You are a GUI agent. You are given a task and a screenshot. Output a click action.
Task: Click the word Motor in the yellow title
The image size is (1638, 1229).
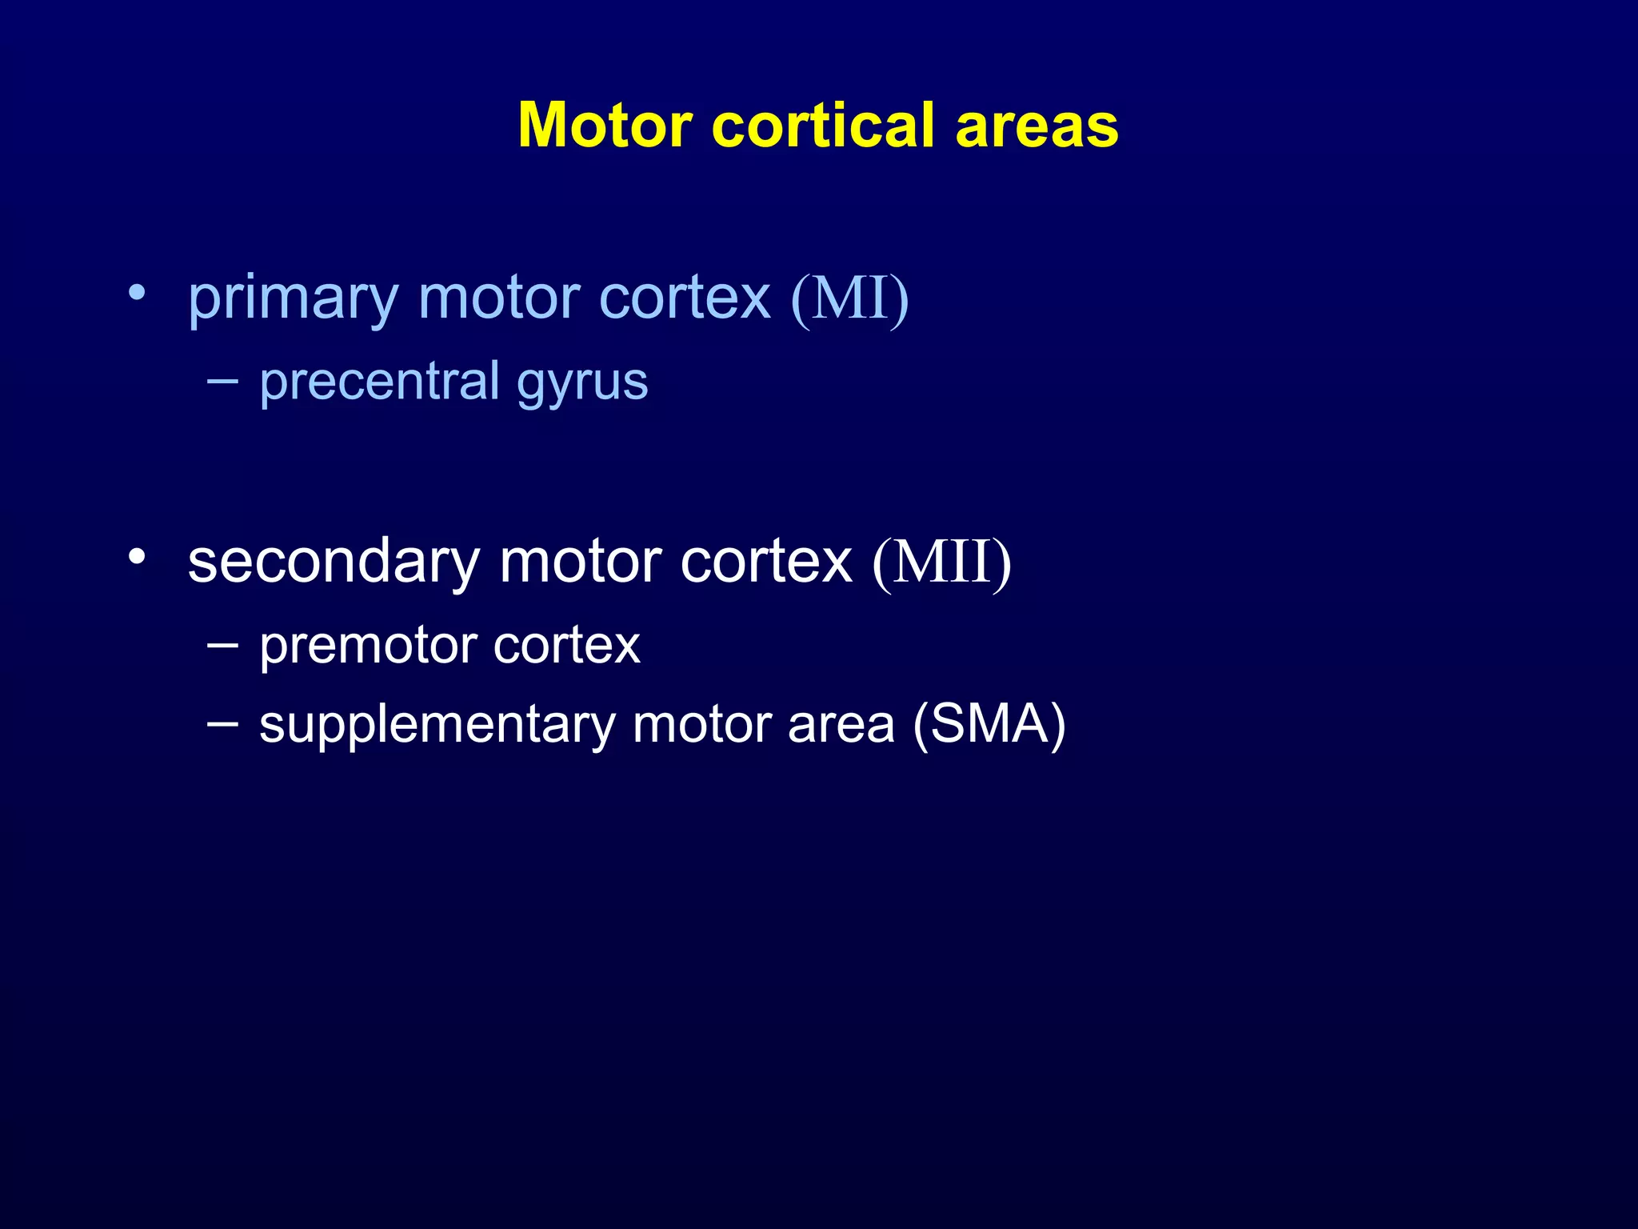click(605, 126)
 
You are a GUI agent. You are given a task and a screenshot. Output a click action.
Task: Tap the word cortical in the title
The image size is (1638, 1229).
click(823, 126)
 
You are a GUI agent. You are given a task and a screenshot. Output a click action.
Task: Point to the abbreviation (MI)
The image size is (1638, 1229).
click(849, 298)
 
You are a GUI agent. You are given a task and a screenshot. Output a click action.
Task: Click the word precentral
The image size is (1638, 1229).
click(380, 382)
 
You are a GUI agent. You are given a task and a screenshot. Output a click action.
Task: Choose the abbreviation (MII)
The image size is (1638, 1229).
click(941, 562)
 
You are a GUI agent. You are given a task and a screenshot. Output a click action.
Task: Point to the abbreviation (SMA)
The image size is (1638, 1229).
click(989, 725)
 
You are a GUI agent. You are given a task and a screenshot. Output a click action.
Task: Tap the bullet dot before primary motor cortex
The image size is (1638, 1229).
click(137, 293)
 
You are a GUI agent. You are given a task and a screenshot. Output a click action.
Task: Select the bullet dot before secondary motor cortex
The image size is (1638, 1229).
click(137, 556)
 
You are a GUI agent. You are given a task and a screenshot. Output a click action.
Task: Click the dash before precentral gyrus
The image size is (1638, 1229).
click(222, 381)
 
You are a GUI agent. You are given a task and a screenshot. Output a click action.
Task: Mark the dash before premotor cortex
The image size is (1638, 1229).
click(222, 644)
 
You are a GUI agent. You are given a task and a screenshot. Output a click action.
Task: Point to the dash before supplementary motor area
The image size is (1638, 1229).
click(222, 723)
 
